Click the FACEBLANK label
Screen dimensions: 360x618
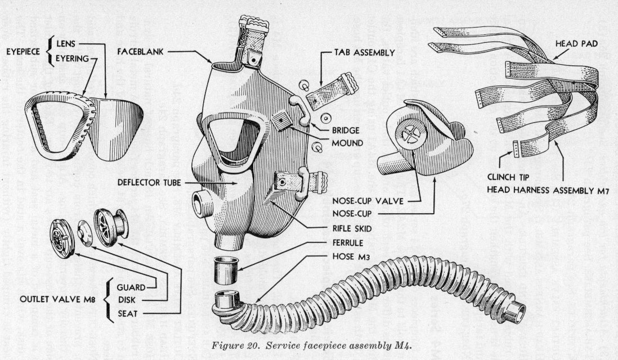(x=141, y=51)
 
